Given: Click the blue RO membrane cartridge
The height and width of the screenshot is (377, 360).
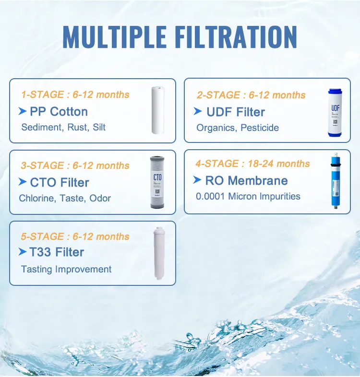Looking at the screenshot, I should coord(334,181).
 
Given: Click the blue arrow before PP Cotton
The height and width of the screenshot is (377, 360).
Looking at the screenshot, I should coord(23,111).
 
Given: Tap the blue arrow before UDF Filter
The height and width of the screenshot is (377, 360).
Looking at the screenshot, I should coord(198,111).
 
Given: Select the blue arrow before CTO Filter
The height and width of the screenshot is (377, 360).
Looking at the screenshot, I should coord(23,182).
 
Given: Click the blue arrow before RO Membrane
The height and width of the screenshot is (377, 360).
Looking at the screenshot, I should coord(197,180).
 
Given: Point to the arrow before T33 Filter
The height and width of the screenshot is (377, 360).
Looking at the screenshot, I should coord(23,251).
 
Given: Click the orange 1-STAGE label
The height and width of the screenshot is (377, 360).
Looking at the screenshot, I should coord(42,94).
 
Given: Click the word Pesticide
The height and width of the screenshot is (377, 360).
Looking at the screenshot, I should coord(260,128).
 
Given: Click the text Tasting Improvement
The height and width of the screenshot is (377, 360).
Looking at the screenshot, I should coord(66,269).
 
